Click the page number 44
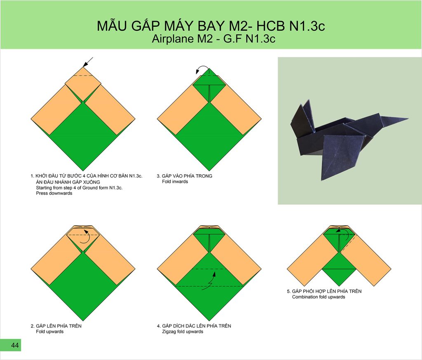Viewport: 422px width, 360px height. click(x=15, y=345)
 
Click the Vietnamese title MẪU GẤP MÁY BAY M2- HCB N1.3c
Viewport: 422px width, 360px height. click(x=211, y=26)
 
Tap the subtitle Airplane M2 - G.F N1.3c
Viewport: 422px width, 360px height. click(x=213, y=39)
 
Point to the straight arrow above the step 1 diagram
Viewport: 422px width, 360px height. click(x=88, y=62)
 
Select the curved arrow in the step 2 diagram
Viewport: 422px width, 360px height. click(x=86, y=236)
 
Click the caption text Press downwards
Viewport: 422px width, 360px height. click(x=54, y=193)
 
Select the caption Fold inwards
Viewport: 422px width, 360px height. click(x=175, y=182)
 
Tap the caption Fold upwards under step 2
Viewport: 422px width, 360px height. click(x=50, y=332)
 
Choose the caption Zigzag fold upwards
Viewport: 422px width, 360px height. click(x=183, y=332)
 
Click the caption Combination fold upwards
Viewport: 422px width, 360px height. click(x=319, y=297)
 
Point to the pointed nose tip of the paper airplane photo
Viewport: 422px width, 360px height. click(x=408, y=118)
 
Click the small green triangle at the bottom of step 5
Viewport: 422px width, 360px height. click(x=339, y=276)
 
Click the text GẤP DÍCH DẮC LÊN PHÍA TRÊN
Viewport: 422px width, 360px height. click(x=197, y=326)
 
